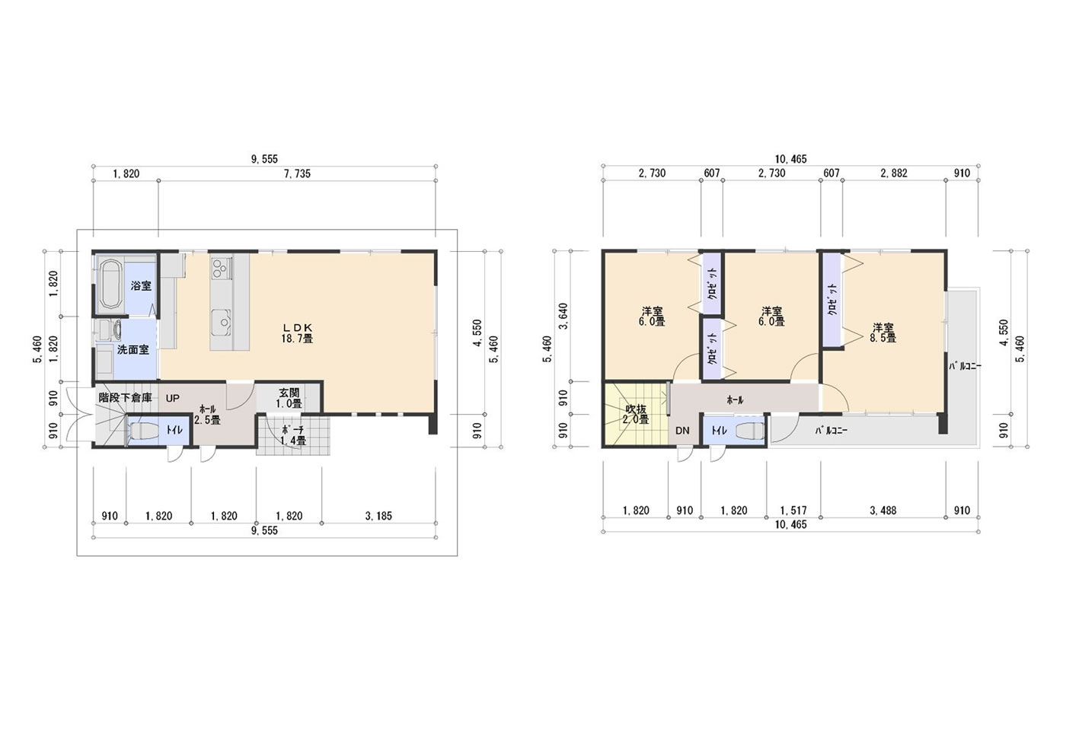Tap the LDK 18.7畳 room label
(297, 332)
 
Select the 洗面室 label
(132, 350)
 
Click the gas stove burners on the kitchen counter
(221, 268)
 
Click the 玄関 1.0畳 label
(289, 399)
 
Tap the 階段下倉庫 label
(125, 397)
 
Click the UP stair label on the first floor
(173, 398)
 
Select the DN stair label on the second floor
(682, 431)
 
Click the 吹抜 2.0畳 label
(636, 414)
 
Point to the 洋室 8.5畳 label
(883, 332)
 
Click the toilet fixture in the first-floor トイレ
(142, 431)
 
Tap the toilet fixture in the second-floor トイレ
(750, 431)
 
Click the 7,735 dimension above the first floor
(298, 174)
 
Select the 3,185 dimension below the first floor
(378, 516)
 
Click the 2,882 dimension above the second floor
(894, 173)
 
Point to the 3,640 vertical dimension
(563, 317)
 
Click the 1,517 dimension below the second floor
(793, 511)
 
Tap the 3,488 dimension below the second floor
(883, 511)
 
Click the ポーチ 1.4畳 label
(293, 435)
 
